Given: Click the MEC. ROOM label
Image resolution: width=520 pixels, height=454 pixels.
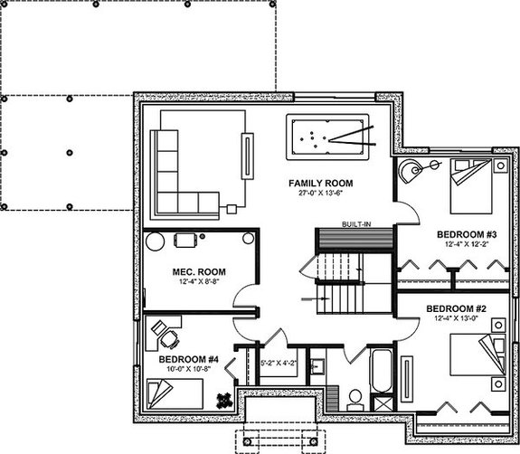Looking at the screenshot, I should click(x=199, y=272).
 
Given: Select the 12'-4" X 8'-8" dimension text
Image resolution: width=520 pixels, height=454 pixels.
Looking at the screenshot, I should click(x=199, y=283).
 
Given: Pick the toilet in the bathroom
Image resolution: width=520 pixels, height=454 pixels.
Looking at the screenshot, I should click(x=355, y=398).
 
